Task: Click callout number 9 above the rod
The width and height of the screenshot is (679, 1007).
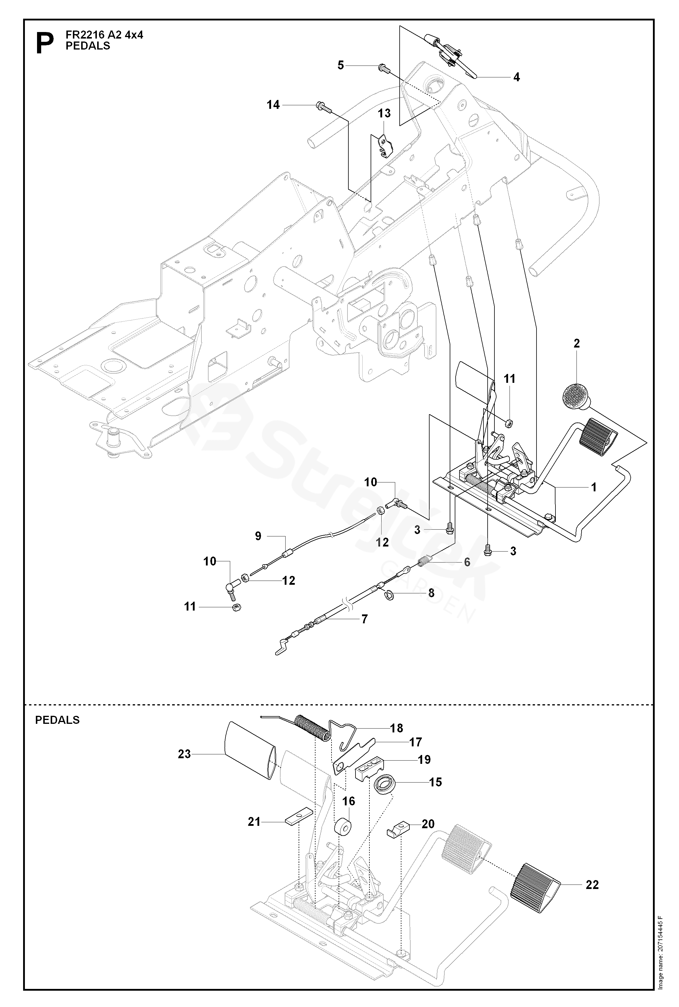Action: [x=258, y=536]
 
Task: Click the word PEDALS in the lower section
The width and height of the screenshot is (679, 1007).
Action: [x=57, y=720]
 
